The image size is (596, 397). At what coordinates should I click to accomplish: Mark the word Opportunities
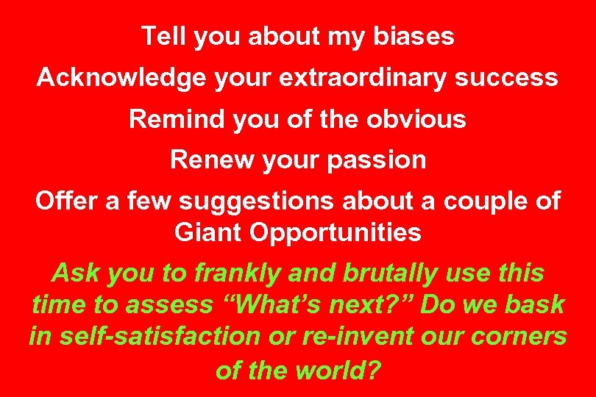(336, 232)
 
